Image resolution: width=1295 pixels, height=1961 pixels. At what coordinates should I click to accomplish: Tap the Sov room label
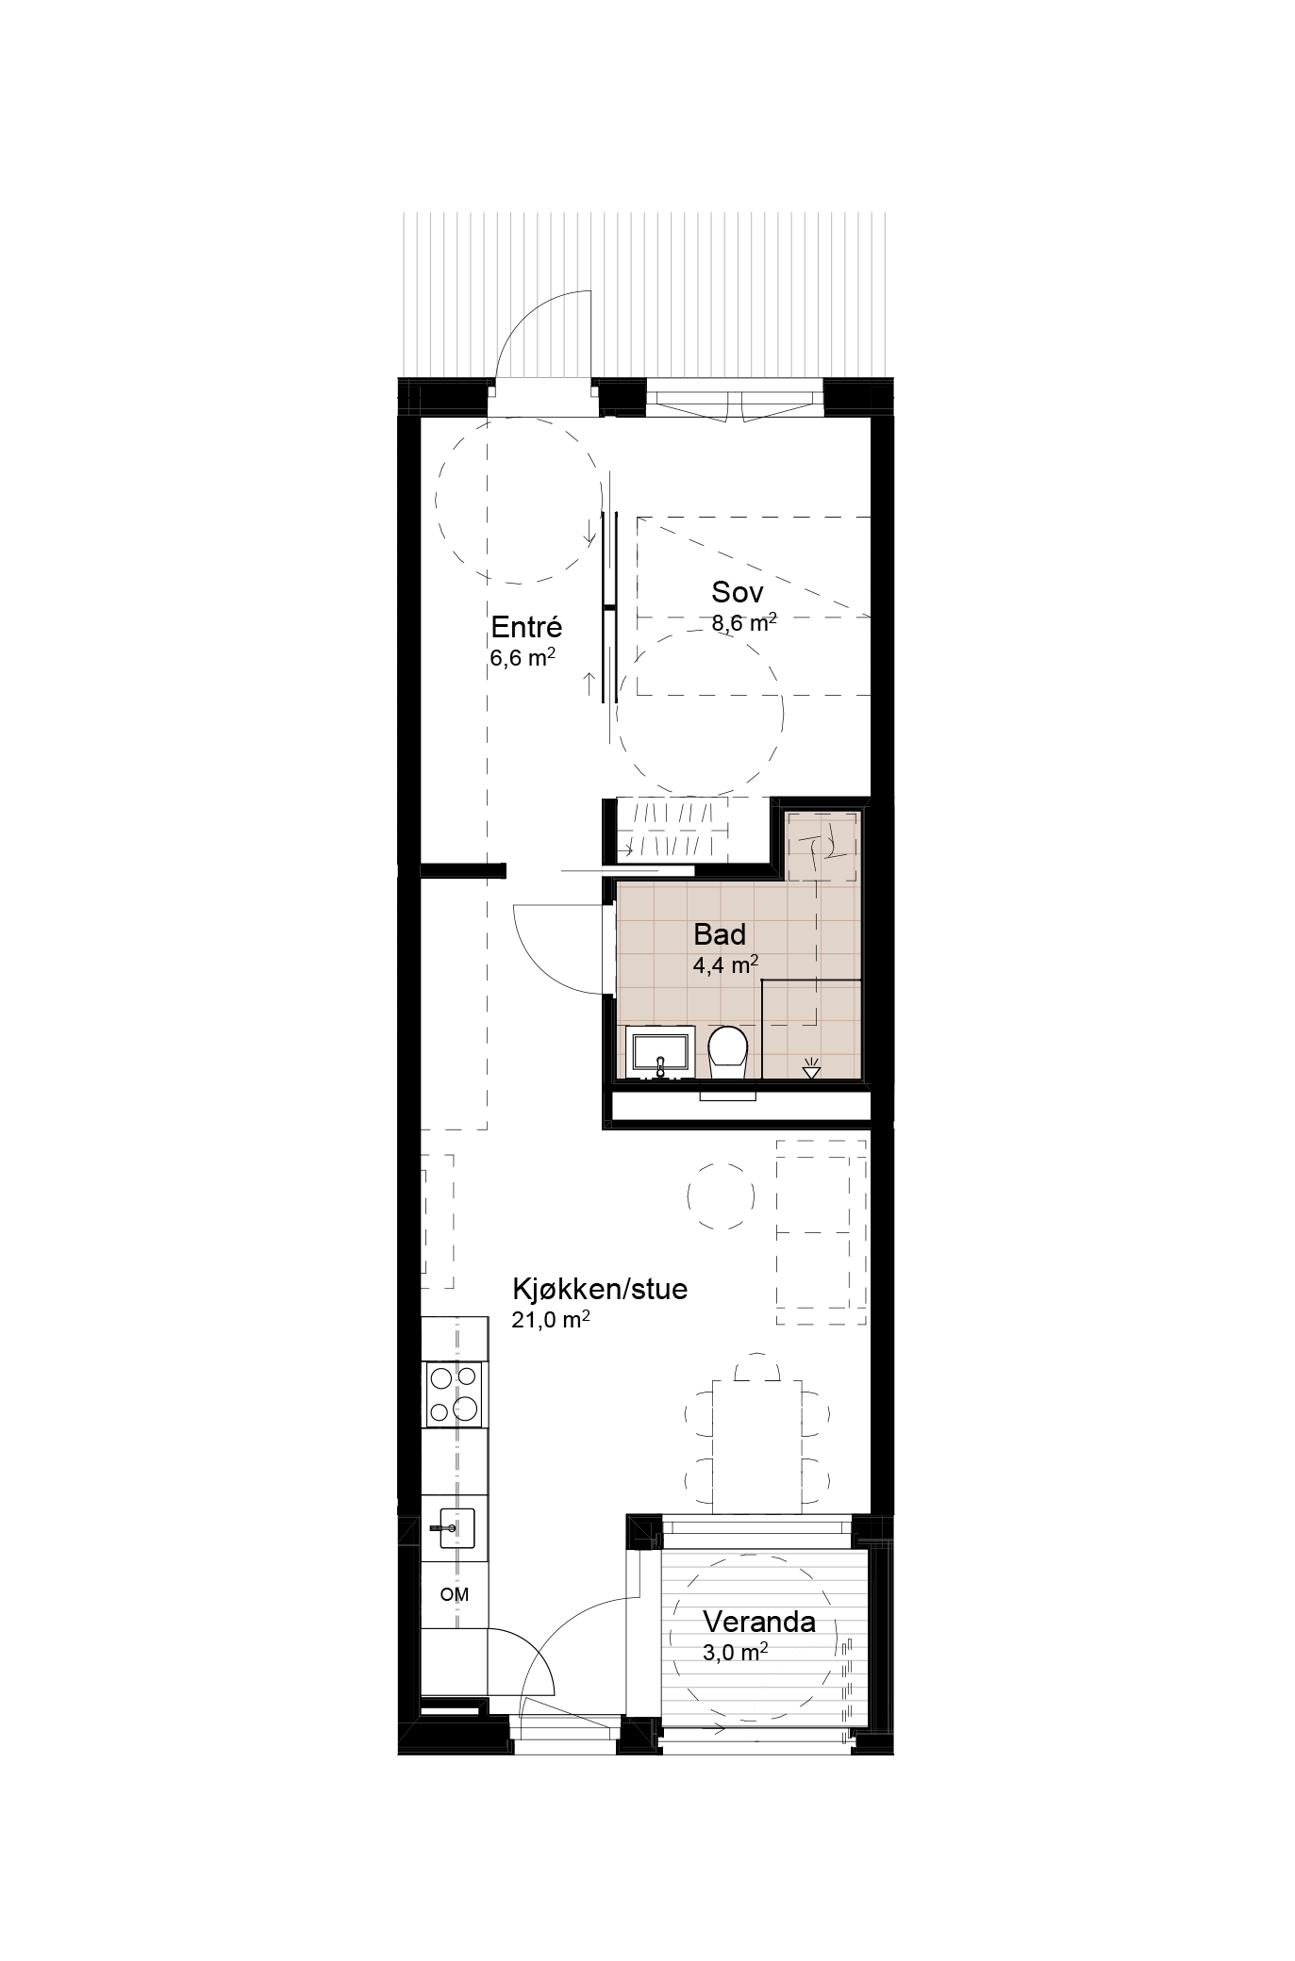738,592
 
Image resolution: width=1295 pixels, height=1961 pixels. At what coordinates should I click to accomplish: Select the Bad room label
720,935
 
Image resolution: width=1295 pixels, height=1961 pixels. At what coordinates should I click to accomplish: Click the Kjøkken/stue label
600,1290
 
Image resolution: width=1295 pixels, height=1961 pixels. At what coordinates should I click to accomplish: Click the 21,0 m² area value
551,1320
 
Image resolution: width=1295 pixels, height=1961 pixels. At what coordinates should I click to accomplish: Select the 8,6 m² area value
744,621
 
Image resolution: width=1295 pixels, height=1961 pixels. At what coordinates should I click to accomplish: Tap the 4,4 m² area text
726,964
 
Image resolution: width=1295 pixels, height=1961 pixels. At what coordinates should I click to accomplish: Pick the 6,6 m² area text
522,658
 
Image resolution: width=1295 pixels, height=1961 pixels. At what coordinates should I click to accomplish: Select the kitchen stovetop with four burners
455,1393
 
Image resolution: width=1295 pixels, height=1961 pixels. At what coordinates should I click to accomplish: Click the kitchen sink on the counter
453,1525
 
